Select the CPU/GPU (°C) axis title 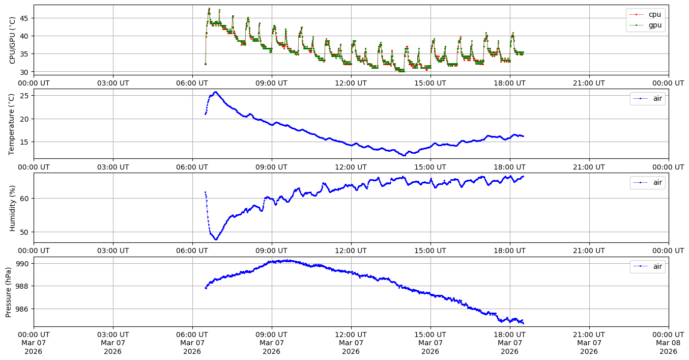click(x=12, y=40)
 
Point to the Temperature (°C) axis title click(x=12, y=124)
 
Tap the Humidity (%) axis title click(x=12, y=208)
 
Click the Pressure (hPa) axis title click(x=9, y=292)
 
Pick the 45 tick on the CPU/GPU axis click(x=25, y=18)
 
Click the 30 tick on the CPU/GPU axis click(x=25, y=72)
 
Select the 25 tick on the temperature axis click(x=25, y=96)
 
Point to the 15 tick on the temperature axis click(x=25, y=142)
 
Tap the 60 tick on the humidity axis click(x=25, y=198)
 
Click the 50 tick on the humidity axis click(x=25, y=232)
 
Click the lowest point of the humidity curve click(x=216, y=239)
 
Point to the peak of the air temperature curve click(x=215, y=92)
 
